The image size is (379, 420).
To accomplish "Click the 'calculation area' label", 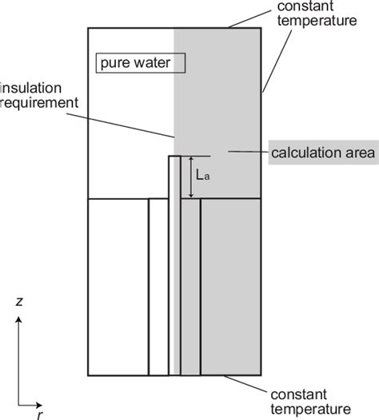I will [321, 153].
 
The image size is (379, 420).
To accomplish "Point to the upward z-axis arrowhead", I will [19, 320].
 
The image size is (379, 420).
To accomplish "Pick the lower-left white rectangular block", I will [117, 286].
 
